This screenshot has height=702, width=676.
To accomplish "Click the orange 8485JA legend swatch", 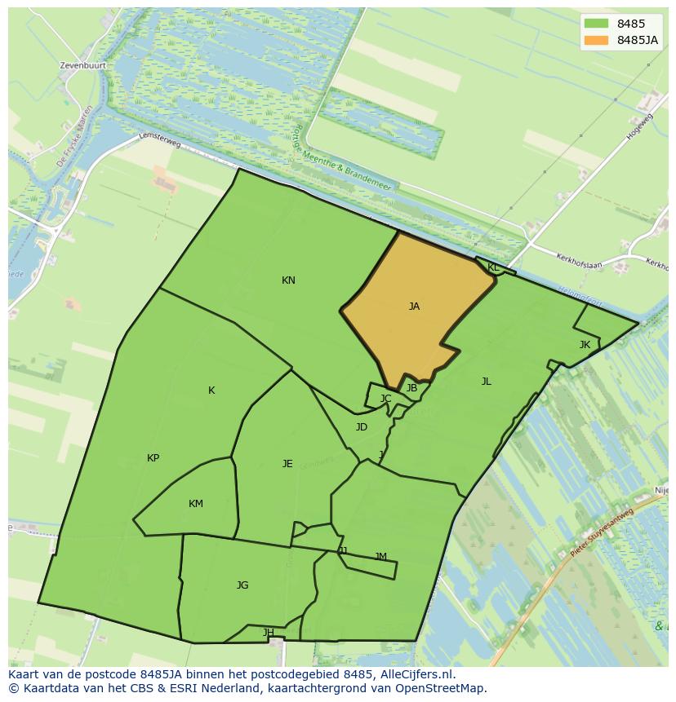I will (597, 40).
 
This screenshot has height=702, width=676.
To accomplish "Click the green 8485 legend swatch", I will (597, 24).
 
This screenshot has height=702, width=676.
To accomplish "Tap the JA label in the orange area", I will (414, 307).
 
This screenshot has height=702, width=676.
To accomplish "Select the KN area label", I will (288, 280).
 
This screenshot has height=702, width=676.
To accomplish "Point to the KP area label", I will (153, 458).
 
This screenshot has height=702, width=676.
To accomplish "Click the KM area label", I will (196, 504).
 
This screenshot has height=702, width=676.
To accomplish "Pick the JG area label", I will (242, 585).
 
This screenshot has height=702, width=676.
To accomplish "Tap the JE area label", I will (287, 464).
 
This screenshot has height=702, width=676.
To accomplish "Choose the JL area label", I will (487, 382).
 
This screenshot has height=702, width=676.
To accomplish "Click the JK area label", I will (585, 345).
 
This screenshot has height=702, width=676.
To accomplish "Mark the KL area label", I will (493, 267).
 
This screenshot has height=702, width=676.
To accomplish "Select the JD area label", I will (362, 427).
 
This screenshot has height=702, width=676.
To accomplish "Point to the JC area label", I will (386, 399).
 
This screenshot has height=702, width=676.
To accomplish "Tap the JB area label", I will (411, 389).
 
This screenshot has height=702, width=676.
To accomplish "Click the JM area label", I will (380, 557).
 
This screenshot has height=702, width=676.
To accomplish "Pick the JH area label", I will (269, 633).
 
